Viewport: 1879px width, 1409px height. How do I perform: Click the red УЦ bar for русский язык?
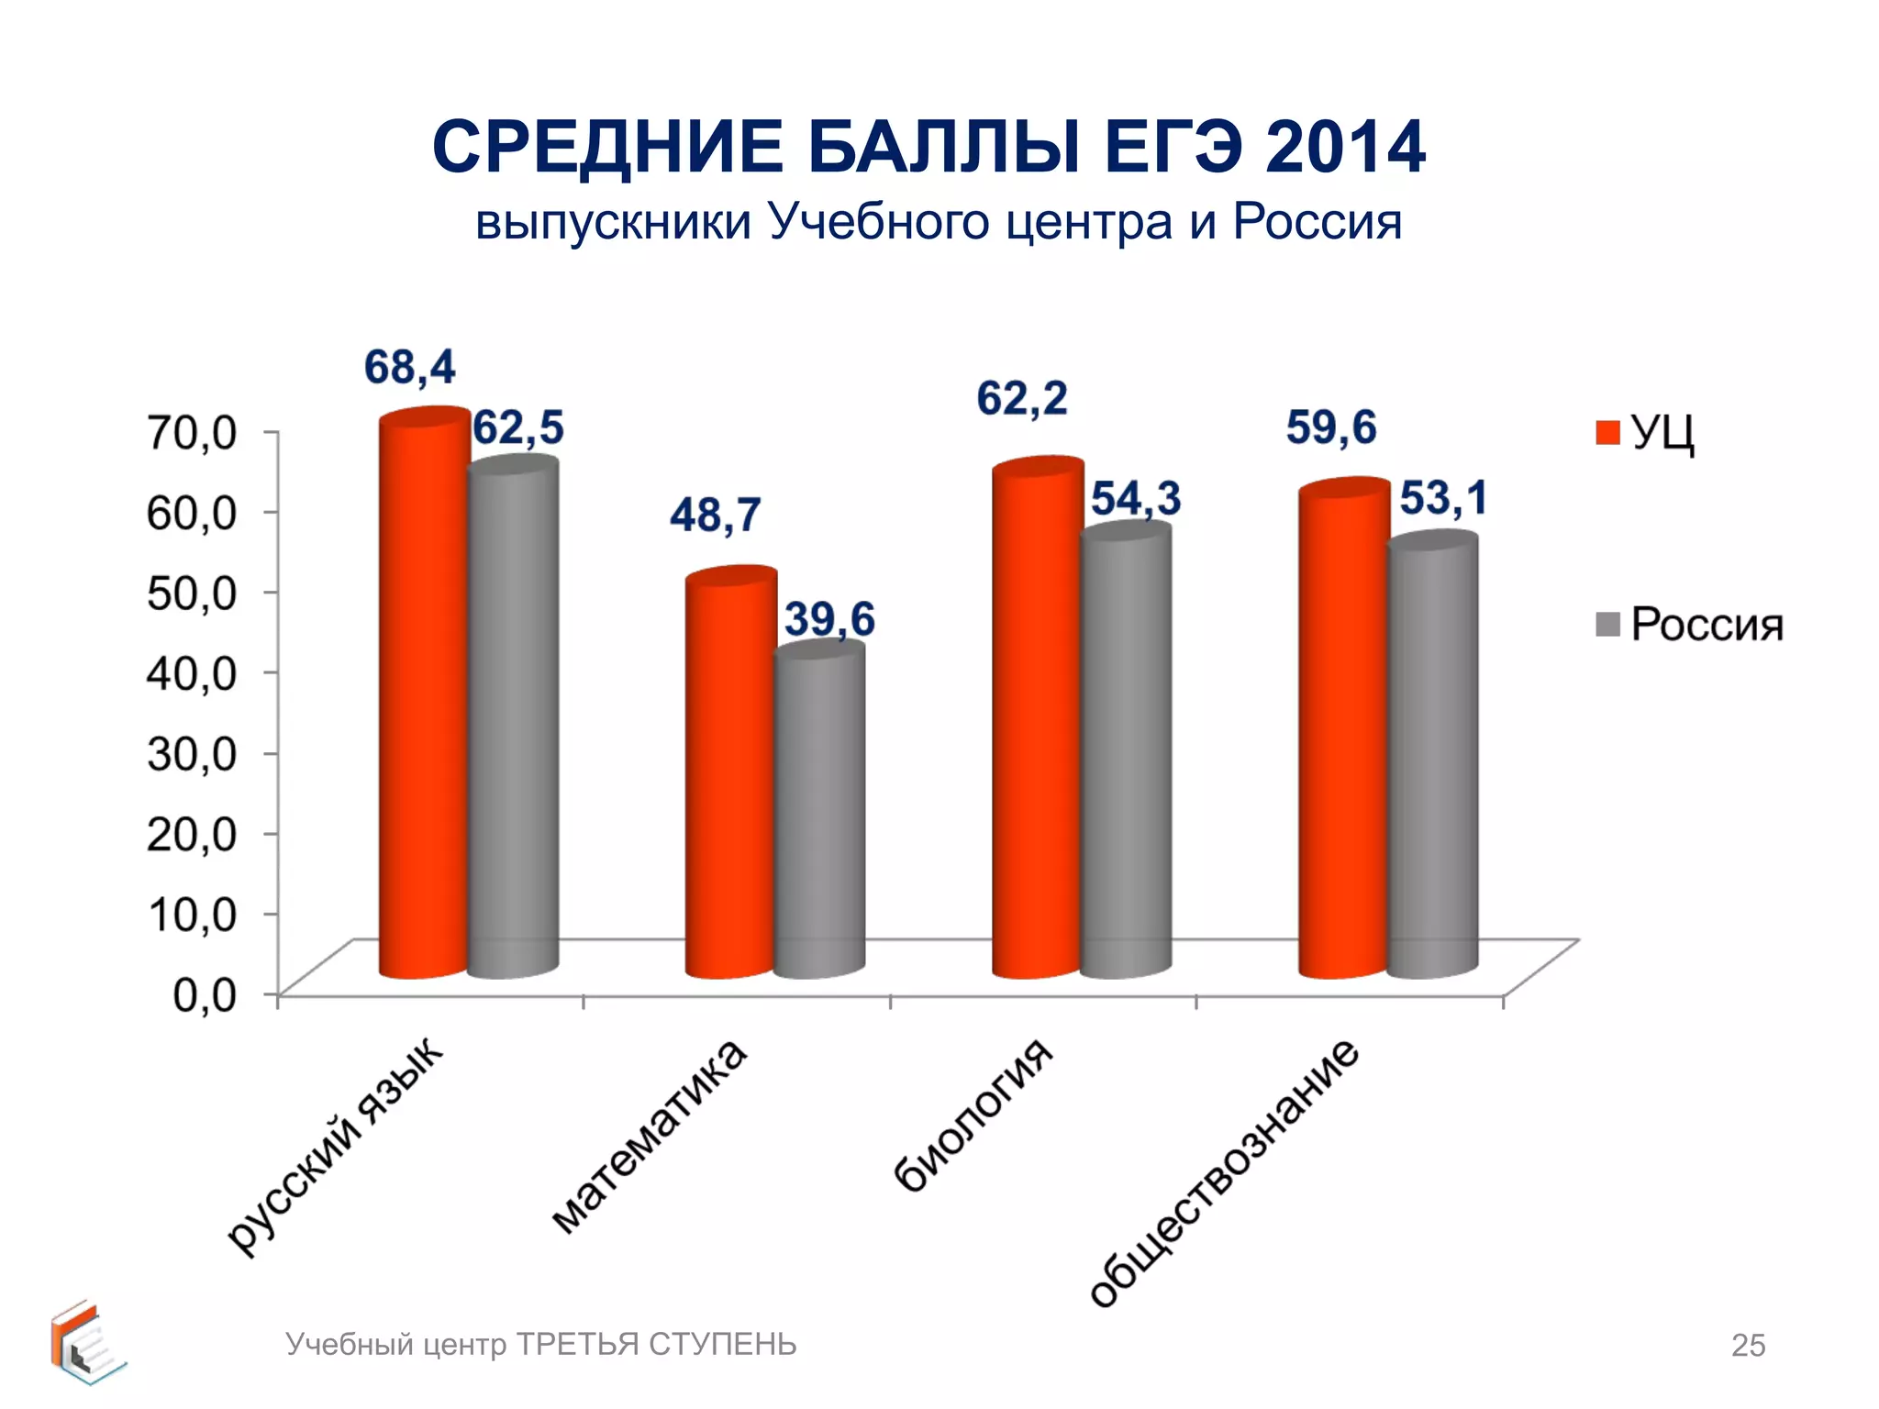point(424,697)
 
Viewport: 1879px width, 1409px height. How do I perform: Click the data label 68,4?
point(409,368)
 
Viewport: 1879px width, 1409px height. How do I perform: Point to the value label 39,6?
point(829,619)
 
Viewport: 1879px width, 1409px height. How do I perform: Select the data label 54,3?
point(1135,499)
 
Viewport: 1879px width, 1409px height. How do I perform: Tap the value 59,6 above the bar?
point(1330,428)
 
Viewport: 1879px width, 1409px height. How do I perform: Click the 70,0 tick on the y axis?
point(192,432)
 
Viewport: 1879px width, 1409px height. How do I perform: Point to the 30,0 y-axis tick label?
point(192,754)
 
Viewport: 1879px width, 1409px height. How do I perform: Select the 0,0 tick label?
point(205,994)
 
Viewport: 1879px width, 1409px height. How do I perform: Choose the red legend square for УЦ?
point(1607,432)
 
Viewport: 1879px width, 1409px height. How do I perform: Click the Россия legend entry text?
point(1707,626)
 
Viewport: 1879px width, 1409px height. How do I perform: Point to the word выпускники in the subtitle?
point(613,223)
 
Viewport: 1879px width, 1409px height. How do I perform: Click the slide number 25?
point(1747,1346)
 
